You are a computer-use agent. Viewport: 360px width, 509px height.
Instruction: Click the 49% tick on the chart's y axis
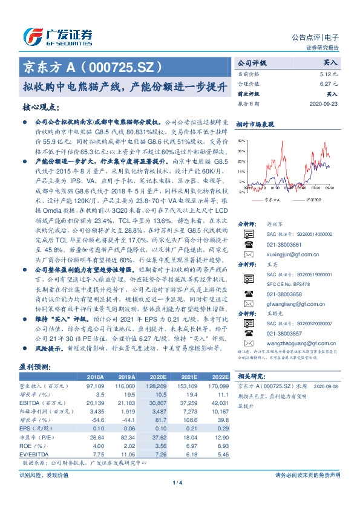click(x=242, y=140)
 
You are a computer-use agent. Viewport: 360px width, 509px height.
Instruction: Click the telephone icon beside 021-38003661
click(x=248, y=244)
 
